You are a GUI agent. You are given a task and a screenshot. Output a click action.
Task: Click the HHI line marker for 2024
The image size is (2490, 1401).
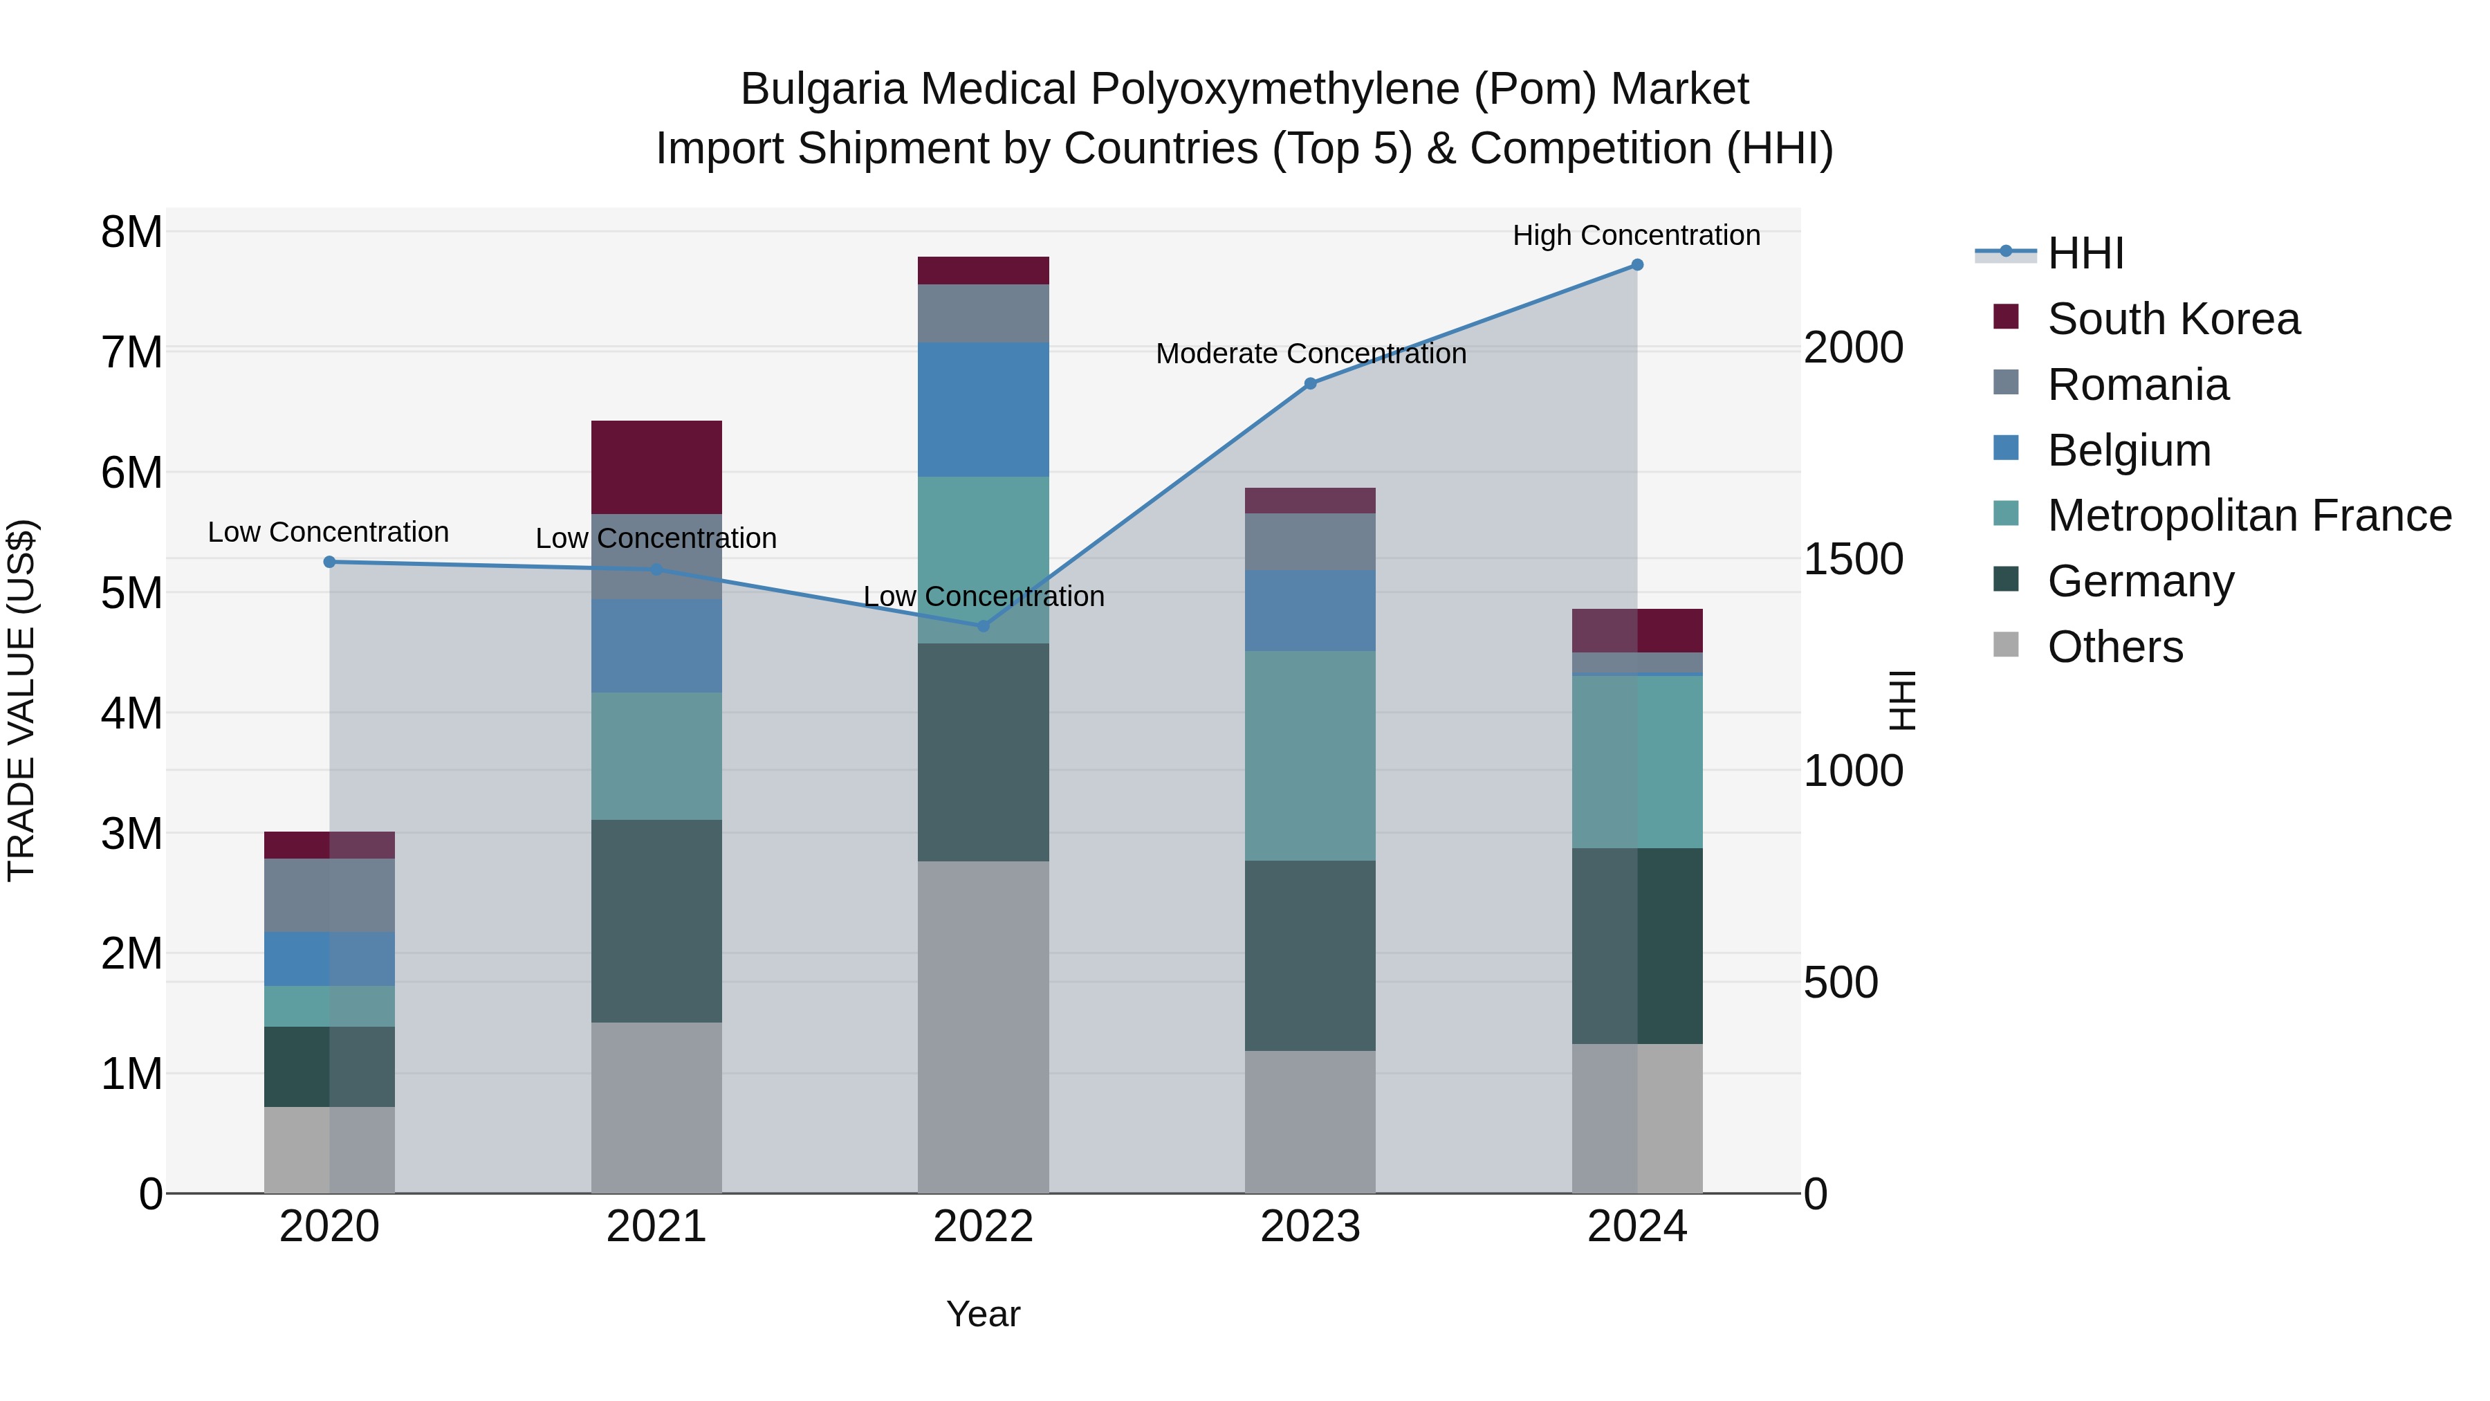click(1636, 265)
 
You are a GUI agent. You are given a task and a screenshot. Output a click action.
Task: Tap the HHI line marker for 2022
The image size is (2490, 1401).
click(983, 625)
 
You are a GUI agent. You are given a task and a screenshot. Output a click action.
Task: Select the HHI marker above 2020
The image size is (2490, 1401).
click(330, 562)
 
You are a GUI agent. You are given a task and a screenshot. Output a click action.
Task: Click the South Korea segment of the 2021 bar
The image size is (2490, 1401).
click(656, 467)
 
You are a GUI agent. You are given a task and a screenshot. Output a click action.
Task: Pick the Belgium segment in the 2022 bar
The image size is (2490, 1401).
click(983, 409)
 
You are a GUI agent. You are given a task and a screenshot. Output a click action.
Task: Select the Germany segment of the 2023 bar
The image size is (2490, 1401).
click(1310, 955)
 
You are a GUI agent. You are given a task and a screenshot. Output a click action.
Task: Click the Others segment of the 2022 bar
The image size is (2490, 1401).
click(983, 1027)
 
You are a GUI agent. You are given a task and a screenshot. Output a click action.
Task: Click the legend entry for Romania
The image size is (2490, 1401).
click(2137, 385)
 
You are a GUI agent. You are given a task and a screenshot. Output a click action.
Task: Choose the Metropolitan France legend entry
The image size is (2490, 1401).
click(2249, 515)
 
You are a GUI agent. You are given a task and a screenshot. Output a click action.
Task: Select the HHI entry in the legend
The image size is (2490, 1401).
click(2085, 253)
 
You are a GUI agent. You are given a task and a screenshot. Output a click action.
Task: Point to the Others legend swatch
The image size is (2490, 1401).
click(2006, 645)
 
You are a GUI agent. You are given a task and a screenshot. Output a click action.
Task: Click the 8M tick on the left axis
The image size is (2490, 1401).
click(131, 232)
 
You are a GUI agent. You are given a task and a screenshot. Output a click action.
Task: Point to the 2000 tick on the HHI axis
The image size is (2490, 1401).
click(1853, 347)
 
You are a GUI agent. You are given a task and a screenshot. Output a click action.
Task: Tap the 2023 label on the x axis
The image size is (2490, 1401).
click(1310, 1227)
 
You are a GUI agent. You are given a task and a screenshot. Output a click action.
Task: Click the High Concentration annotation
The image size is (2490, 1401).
click(1636, 235)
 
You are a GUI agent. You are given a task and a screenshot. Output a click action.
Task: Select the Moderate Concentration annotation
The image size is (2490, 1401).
click(1310, 354)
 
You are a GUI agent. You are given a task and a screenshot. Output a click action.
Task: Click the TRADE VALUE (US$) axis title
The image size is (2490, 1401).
click(21, 700)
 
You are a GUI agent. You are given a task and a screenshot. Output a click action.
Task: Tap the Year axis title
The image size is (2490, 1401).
click(983, 1314)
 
